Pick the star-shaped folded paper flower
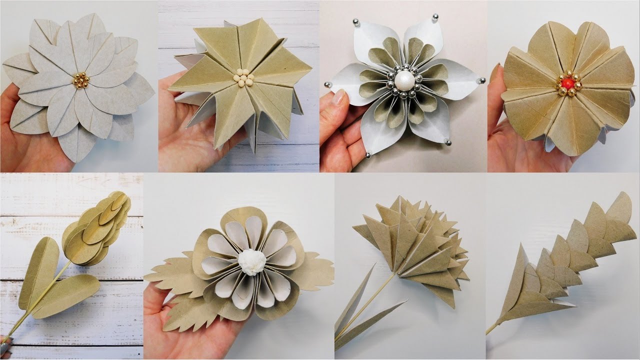tap(240, 80)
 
